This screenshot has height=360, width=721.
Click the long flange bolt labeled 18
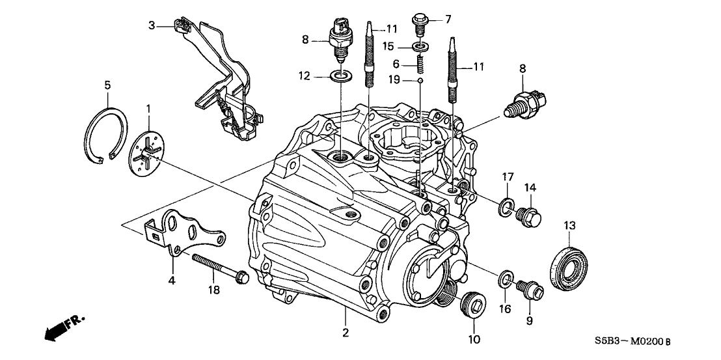[218, 266]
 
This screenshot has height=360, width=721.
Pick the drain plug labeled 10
[472, 304]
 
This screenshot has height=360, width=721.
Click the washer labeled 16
[505, 280]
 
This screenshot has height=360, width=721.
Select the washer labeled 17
[505, 208]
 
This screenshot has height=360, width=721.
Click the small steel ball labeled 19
[420, 80]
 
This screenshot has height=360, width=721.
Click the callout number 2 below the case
[345, 333]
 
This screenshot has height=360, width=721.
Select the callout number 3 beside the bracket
[151, 25]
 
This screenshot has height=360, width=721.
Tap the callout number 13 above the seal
[570, 225]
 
